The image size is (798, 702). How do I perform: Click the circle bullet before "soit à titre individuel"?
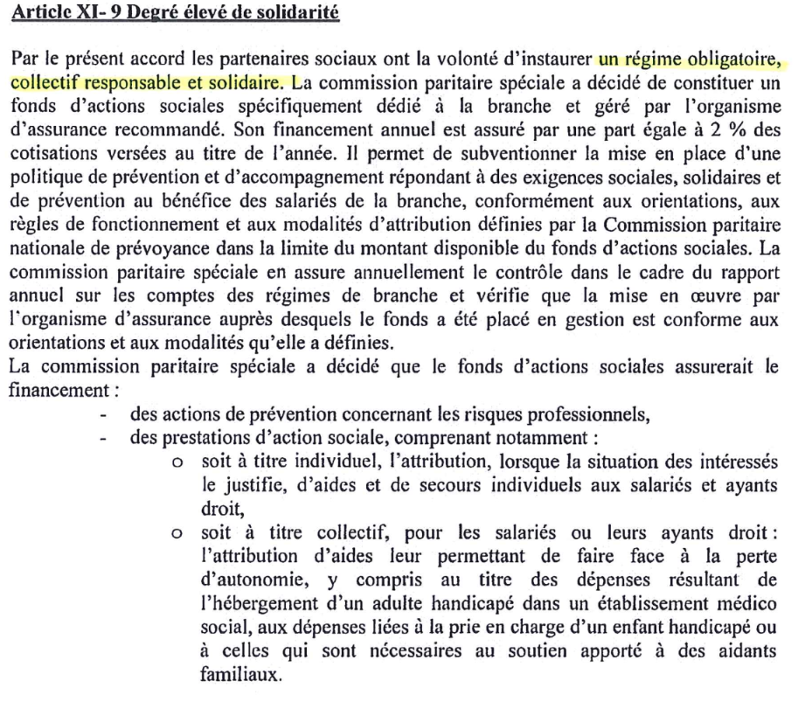(177, 459)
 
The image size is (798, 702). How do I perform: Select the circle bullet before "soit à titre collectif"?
(177, 532)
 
